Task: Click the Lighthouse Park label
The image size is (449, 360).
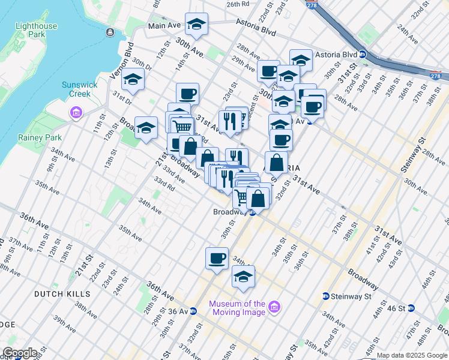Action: point(38,31)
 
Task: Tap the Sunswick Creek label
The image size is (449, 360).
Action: point(80,89)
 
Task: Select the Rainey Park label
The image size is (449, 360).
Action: point(46,137)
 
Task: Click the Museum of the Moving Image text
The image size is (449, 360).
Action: point(237,308)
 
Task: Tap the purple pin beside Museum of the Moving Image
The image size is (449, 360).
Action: point(275,307)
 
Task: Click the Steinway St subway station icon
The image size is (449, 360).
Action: point(325,296)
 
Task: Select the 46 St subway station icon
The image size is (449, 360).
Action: point(411,308)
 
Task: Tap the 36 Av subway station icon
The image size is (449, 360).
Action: point(193,311)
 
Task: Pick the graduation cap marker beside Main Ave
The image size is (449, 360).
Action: point(196,24)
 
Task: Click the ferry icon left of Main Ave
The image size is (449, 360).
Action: point(109,32)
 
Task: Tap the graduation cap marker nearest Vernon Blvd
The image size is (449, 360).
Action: point(132,79)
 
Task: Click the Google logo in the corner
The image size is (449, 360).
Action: point(19,353)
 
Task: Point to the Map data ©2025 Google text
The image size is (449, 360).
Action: point(412,355)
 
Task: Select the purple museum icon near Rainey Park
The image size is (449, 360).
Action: point(76,113)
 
